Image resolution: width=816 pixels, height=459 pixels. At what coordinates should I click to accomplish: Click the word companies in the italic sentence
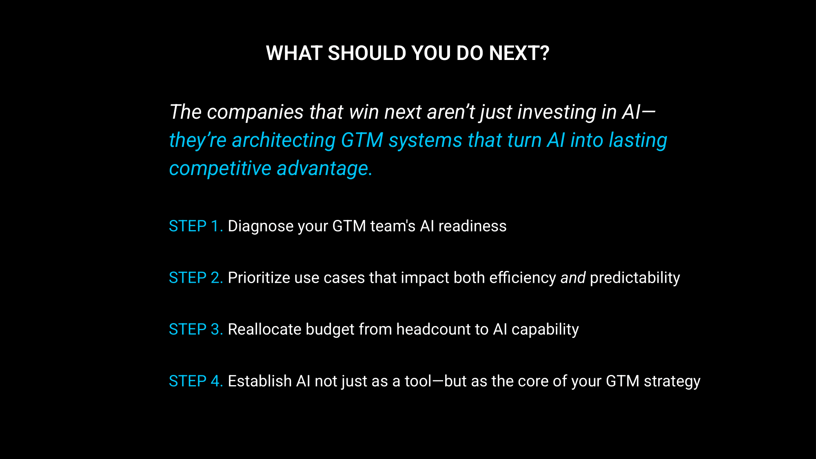click(x=255, y=113)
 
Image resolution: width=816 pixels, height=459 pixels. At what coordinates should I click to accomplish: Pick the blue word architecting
click(x=284, y=141)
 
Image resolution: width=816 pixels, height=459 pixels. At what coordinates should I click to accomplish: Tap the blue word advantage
click(x=325, y=169)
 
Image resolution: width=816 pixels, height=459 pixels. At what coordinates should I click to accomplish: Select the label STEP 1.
click(x=196, y=226)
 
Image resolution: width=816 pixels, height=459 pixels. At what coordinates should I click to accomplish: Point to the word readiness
click(x=472, y=226)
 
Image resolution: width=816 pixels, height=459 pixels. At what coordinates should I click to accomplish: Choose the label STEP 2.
click(x=196, y=278)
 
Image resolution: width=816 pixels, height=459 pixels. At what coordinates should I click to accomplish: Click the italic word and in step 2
click(x=573, y=278)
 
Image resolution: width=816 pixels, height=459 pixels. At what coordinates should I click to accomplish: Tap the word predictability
click(x=635, y=278)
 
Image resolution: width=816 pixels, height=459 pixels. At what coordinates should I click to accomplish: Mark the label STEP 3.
click(x=196, y=329)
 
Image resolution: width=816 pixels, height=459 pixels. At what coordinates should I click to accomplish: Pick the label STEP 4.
click(x=196, y=381)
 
